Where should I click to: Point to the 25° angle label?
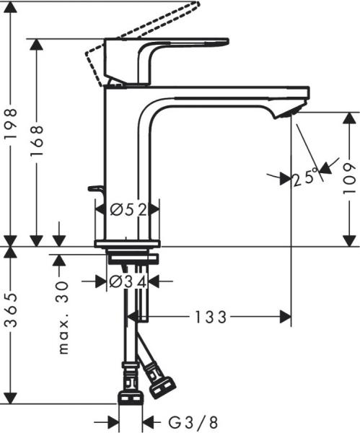(x=306, y=177)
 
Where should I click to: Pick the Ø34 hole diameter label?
(x=128, y=281)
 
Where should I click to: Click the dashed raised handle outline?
(x=144, y=29)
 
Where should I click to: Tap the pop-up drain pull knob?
(x=95, y=189)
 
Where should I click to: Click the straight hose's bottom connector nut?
(x=129, y=399)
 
